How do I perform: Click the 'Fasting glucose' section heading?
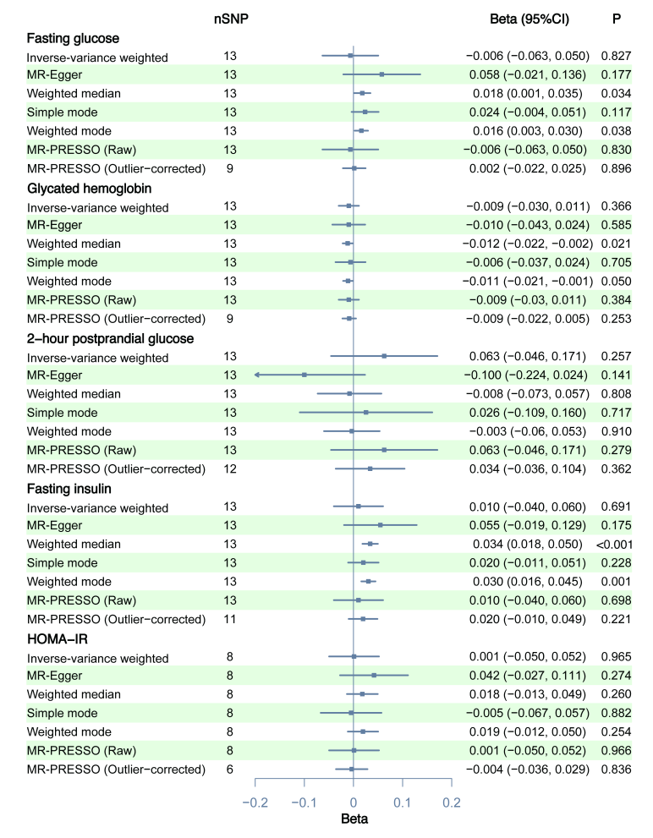point(73,38)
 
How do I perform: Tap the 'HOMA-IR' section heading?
point(58,639)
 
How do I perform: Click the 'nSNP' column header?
point(231,18)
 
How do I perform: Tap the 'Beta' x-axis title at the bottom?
point(354,819)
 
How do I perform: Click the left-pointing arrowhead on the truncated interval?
point(256,375)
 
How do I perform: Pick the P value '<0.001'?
point(614,544)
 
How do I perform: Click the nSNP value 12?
point(231,468)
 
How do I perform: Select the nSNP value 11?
point(231,619)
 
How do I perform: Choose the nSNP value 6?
point(231,769)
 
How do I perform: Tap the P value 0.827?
point(616,57)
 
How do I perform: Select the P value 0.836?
point(616,769)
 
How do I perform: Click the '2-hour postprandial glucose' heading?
point(111,338)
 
